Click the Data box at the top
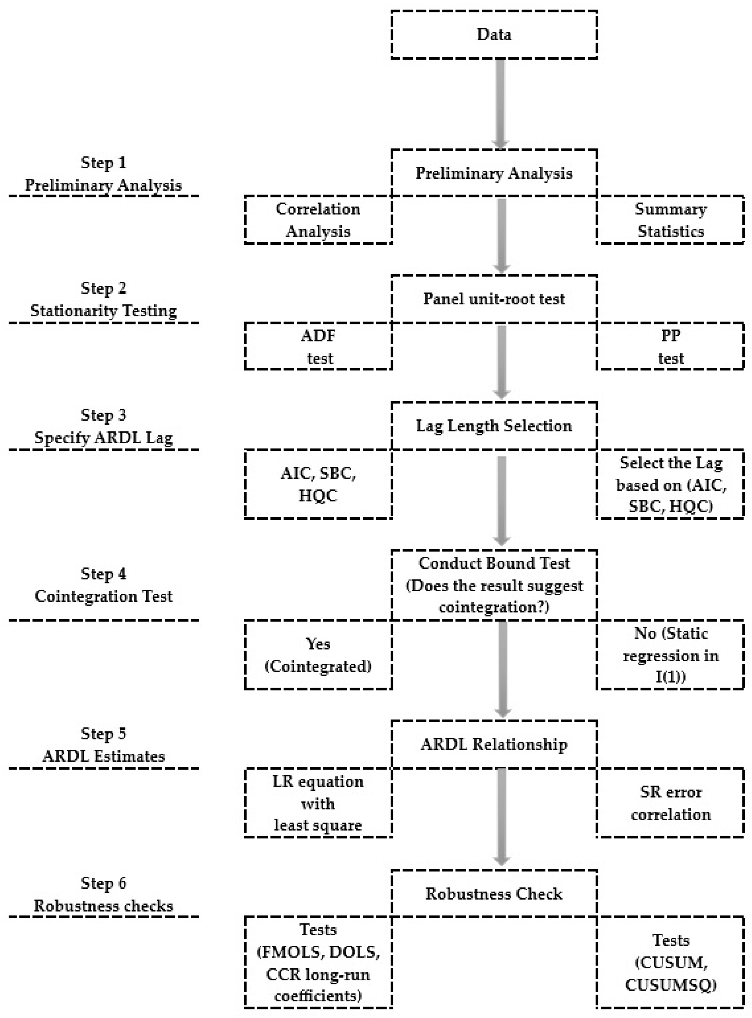tap(494, 34)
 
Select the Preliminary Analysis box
tap(494, 173)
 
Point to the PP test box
tap(670, 346)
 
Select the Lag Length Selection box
tap(494, 426)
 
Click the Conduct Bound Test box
tap(494, 585)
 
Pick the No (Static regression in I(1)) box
tap(670, 655)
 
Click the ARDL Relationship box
tap(494, 744)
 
